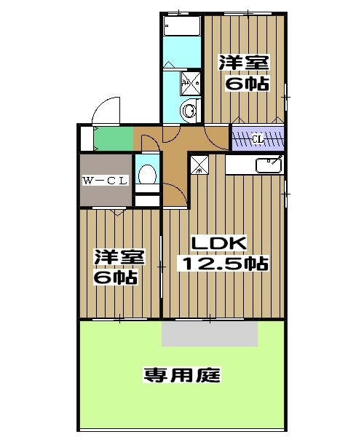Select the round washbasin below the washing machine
coord(189,111)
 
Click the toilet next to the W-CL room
coord(146,174)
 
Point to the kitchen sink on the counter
coord(269,165)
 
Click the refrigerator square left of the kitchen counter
coord(199,165)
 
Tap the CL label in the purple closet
coord(258,138)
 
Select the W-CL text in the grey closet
coord(105,181)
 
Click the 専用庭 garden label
coord(183,376)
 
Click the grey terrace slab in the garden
coord(210,332)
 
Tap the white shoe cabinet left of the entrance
coord(87,138)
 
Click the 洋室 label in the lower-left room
coord(118,258)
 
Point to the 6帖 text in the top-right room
coord(245,84)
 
